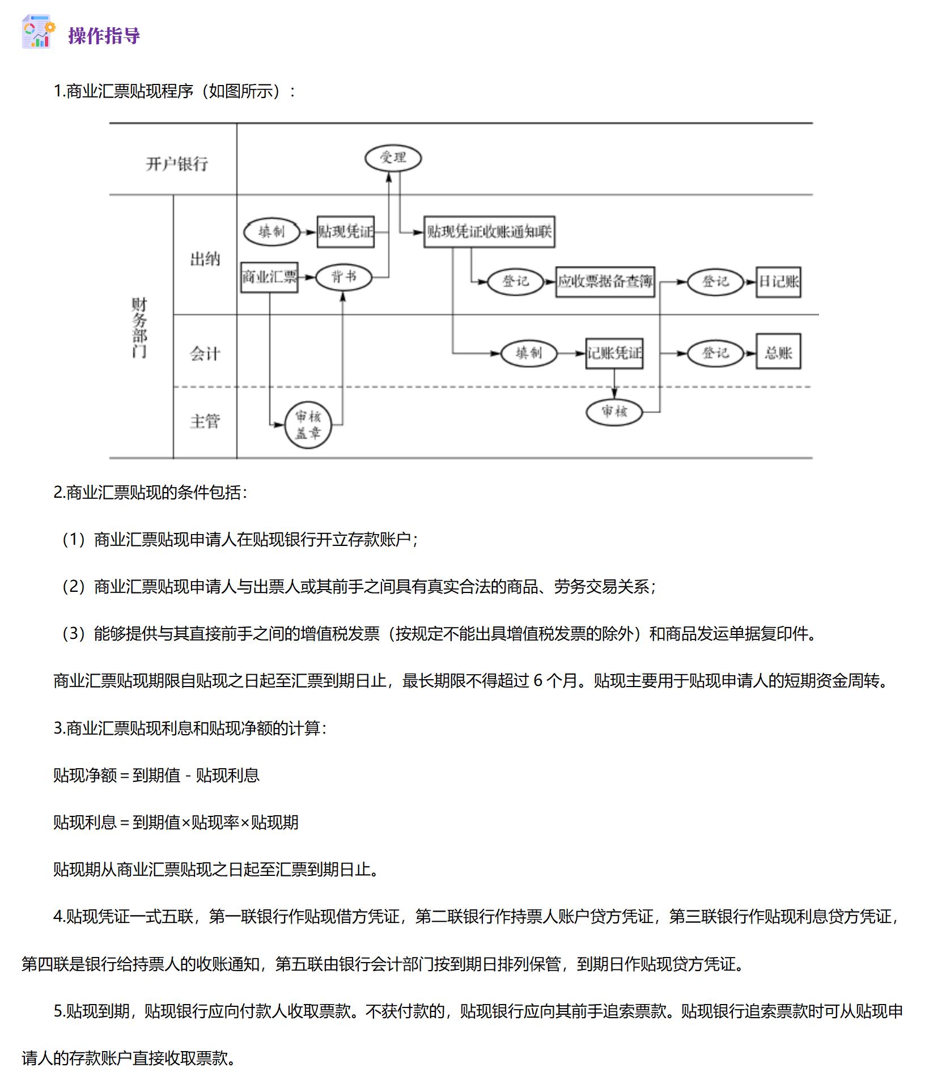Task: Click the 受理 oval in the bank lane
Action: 393,158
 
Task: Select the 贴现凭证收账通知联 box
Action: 489,231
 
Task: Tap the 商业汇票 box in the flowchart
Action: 269,277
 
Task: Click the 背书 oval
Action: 343,277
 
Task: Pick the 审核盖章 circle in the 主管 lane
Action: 308,425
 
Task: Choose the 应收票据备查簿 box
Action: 605,282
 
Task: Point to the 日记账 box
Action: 778,282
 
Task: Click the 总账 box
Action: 778,353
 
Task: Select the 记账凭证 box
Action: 614,353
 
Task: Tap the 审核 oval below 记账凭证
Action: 614,412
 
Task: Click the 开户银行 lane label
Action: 177,164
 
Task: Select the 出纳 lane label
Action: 205,260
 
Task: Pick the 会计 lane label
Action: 205,354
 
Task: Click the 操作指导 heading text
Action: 104,36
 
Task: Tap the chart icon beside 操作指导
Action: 38,32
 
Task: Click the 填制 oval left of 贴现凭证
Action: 271,232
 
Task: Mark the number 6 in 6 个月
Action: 538,680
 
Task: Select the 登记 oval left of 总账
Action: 715,353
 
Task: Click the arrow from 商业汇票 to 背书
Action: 307,277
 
